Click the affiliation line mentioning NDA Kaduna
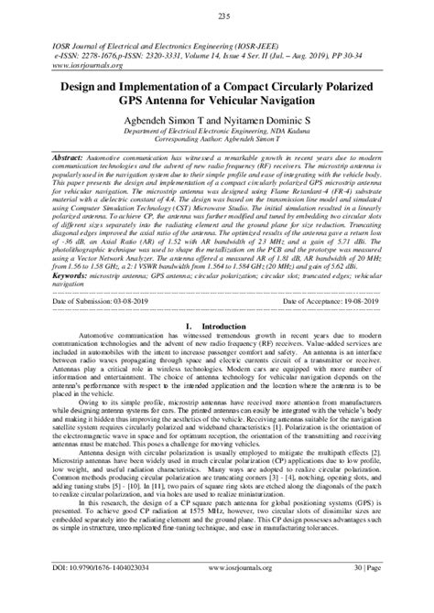pos(217,133)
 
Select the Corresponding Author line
pos(217,143)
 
